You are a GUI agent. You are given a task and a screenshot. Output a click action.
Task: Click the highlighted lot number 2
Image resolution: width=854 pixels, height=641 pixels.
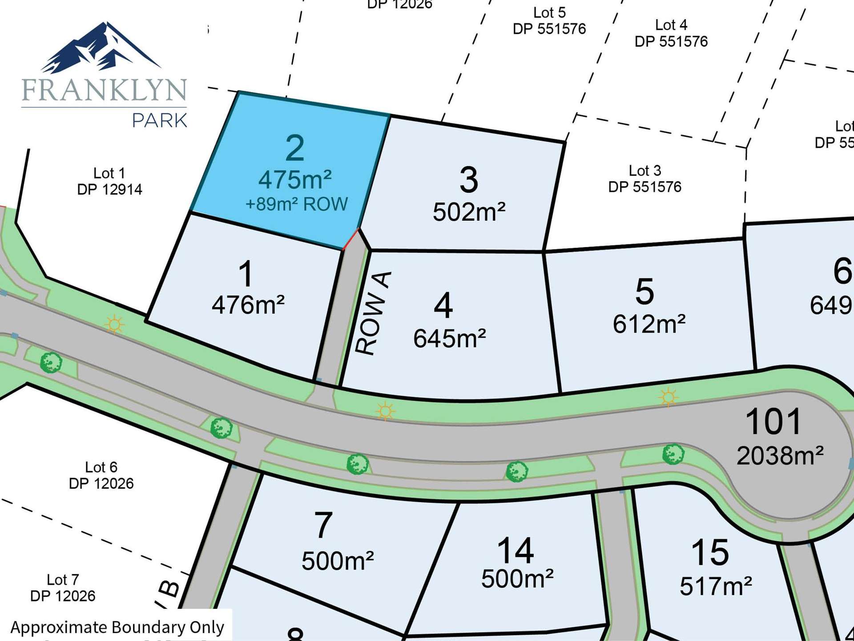(x=295, y=148)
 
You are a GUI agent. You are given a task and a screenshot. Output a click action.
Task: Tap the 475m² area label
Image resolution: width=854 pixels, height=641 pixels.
(x=295, y=180)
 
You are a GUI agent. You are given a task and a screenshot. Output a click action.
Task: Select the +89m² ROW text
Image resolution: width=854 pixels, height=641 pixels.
(x=297, y=204)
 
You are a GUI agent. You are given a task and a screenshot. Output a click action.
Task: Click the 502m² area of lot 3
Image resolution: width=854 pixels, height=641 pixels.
(x=469, y=212)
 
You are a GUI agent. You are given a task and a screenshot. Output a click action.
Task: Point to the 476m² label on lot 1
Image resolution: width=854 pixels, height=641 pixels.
(x=248, y=305)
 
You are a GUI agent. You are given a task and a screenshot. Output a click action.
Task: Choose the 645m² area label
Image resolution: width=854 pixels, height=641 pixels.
(x=449, y=339)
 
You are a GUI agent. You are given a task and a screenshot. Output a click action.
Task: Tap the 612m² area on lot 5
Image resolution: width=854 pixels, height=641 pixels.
(x=649, y=324)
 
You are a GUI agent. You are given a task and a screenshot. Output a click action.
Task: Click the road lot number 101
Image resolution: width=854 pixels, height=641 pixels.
(x=773, y=422)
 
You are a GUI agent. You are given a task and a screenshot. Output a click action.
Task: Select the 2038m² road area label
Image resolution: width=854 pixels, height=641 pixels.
(x=780, y=456)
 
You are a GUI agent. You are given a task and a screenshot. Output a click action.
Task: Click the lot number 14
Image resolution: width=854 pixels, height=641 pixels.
(x=516, y=551)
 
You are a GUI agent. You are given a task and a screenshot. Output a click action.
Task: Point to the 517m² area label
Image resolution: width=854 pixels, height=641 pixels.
(x=716, y=586)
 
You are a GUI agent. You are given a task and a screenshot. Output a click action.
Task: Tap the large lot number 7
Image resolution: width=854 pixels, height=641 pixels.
(x=323, y=525)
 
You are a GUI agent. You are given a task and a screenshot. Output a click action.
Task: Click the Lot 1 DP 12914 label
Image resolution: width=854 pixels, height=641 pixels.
(x=109, y=181)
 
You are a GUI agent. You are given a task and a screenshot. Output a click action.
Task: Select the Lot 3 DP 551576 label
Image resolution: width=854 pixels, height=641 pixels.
(x=645, y=179)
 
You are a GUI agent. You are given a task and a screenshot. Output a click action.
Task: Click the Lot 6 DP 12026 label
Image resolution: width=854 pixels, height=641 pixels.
(x=101, y=475)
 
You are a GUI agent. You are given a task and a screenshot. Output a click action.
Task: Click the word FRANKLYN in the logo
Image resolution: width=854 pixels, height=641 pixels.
(x=104, y=90)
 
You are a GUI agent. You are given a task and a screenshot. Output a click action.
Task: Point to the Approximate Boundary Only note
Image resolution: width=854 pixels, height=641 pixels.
(x=117, y=627)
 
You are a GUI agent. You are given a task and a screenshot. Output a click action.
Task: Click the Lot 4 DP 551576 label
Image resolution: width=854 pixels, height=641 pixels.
(x=671, y=33)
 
